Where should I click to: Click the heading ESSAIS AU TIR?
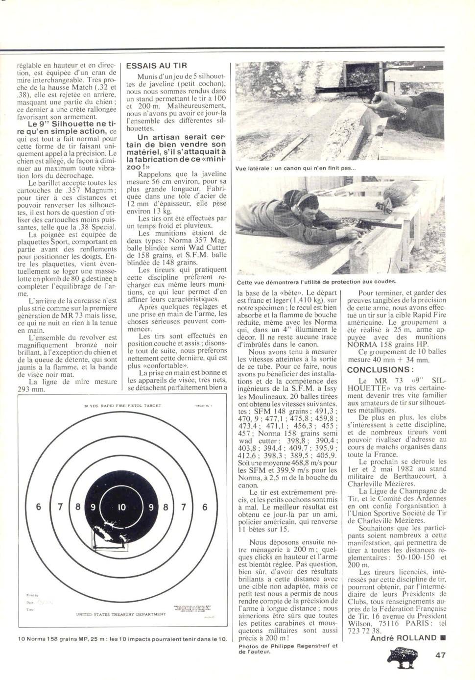(156, 66)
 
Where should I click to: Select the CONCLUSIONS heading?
(380, 370)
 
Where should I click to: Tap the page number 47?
(440, 655)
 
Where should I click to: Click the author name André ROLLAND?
(403, 637)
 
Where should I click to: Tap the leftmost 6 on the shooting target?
(39, 507)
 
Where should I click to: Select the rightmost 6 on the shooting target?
(205, 507)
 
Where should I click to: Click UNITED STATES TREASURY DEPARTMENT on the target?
(121, 614)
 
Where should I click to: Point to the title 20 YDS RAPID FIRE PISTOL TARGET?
(122, 406)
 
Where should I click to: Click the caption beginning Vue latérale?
(295, 168)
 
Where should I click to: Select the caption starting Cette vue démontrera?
(316, 282)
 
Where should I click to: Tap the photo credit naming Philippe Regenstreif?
(287, 649)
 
